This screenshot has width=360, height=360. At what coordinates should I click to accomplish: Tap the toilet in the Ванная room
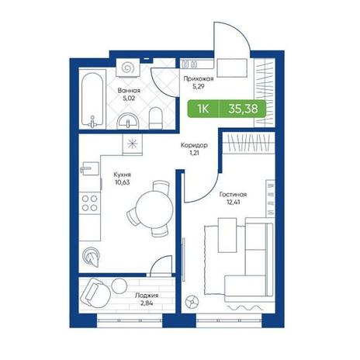coord(156,118)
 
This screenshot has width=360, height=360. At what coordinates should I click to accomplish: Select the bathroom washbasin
coord(128,121)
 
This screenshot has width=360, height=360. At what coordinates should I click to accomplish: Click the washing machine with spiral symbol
coord(128,67)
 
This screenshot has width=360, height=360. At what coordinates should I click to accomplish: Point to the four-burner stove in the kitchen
coord(89,203)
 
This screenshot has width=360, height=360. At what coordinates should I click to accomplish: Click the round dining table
coord(154,209)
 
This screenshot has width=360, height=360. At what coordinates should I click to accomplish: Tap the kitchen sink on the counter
coord(89,168)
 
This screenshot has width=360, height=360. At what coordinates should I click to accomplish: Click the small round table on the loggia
coord(119,286)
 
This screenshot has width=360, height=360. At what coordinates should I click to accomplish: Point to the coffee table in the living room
coord(227,235)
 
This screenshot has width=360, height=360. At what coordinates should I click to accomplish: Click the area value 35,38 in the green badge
coord(243,109)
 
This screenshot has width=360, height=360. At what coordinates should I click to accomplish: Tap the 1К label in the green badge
coord(203,109)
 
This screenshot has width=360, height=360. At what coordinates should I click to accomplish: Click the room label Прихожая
coord(199,78)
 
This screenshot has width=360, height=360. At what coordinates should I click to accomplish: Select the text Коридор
coord(194,145)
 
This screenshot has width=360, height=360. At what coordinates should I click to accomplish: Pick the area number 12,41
coord(233,202)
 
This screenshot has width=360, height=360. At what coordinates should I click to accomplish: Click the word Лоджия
coord(147,296)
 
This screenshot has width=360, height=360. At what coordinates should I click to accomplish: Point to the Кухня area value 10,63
coord(123,182)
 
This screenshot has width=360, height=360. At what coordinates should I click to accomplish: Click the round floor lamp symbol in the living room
coord(192,302)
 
